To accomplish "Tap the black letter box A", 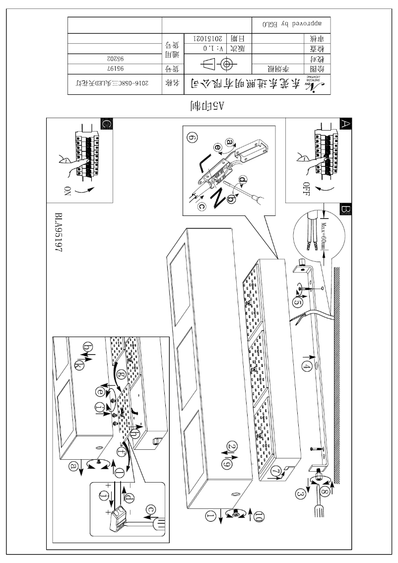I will [x=345, y=123].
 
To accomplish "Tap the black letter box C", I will [x=106, y=124].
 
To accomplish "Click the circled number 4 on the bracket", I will [x=308, y=366].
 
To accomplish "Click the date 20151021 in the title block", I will [x=201, y=39].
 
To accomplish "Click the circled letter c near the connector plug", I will [x=151, y=509].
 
